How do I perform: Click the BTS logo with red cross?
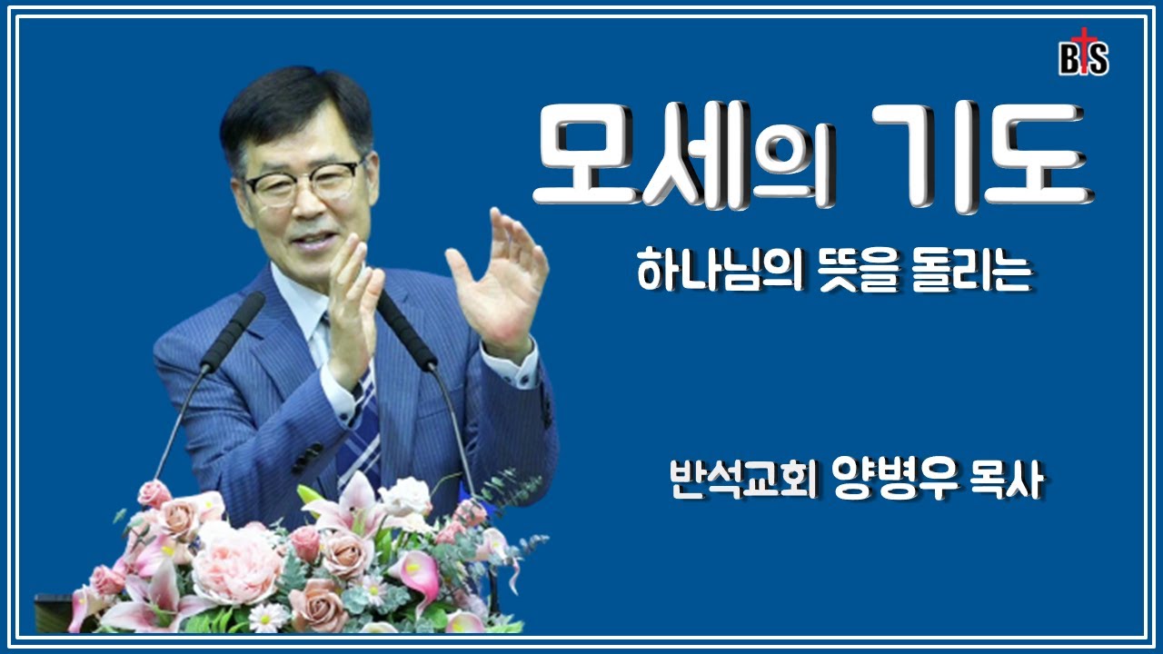pyautogui.click(x=1083, y=57)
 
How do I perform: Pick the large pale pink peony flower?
pyautogui.click(x=238, y=563)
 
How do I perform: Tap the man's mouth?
pyautogui.click(x=312, y=241)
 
